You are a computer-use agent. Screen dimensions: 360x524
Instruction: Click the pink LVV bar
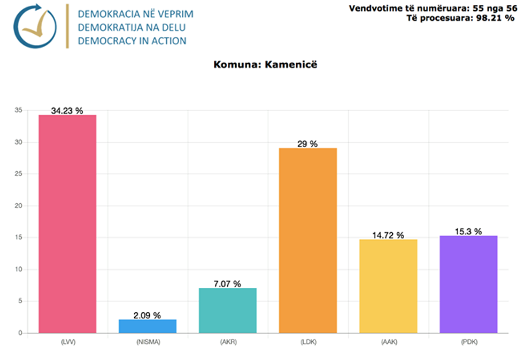point(67,224)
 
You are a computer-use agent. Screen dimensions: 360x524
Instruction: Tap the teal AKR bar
point(228,310)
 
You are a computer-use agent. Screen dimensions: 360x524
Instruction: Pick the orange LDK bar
point(308,241)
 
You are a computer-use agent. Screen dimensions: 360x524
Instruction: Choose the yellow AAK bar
point(388,286)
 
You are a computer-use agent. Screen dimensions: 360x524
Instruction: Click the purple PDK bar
point(468,284)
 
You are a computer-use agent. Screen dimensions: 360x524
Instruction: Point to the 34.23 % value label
point(67,111)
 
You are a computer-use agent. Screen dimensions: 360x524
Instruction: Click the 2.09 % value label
point(148,315)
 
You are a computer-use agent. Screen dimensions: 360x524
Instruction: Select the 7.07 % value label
point(228,284)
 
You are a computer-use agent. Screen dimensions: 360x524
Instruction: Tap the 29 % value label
point(308,144)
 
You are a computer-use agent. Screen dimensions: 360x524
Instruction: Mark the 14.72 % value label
point(388,235)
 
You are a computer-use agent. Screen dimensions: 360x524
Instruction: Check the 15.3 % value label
point(468,231)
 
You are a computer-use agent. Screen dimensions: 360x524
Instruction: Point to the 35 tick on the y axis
point(18,110)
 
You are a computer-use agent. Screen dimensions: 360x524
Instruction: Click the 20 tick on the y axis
point(18,206)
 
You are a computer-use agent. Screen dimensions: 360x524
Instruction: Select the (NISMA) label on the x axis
point(148,342)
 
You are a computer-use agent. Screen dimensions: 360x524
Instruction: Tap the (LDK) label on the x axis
point(308,342)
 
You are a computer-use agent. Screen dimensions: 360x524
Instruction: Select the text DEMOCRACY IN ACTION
point(132,41)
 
